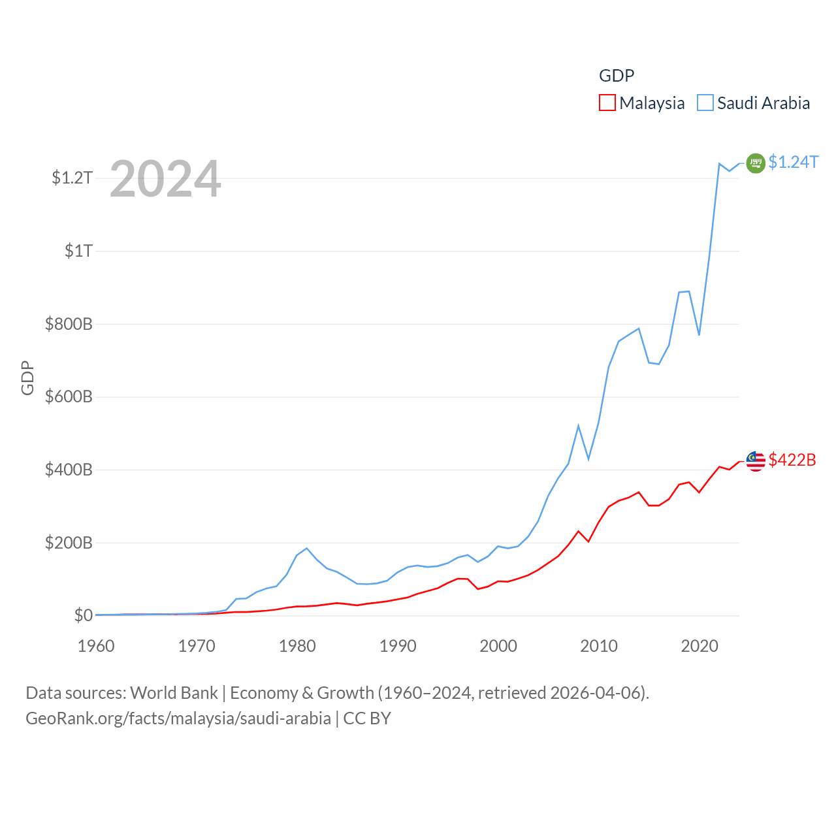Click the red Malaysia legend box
click(x=607, y=103)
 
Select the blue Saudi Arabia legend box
click(x=705, y=103)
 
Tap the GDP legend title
click(x=617, y=76)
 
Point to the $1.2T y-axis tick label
click(x=72, y=178)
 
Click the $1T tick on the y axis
click(x=78, y=251)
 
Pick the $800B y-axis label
click(x=69, y=324)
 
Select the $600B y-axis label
click(x=69, y=396)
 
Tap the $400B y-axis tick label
click(x=69, y=470)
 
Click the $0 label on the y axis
click(x=83, y=615)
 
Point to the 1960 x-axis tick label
click(x=96, y=646)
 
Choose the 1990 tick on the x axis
click(x=398, y=646)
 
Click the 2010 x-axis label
click(x=599, y=646)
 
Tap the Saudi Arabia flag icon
click(x=756, y=163)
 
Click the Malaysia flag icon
click(x=756, y=460)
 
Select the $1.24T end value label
click(x=793, y=162)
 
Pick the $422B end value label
click(x=792, y=460)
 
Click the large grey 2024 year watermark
click(x=165, y=179)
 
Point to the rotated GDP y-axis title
click(x=27, y=378)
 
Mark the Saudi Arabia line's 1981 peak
click(x=307, y=548)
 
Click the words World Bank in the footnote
click(x=174, y=692)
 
